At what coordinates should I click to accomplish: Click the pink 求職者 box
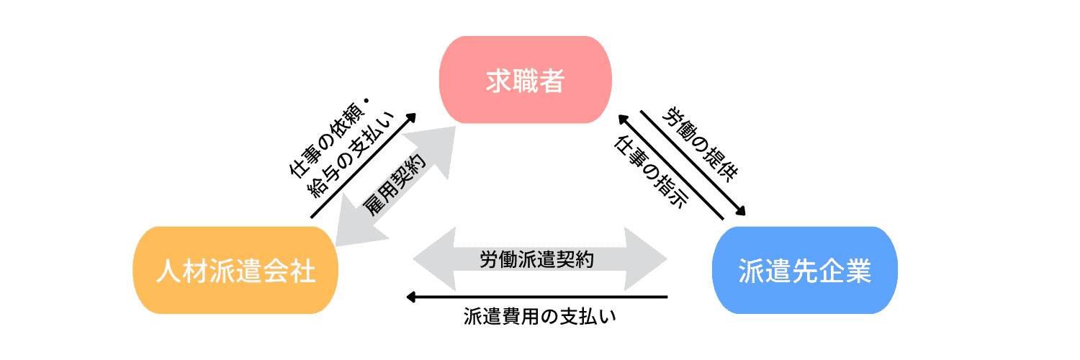click(x=526, y=80)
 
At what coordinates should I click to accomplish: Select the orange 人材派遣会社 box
click(x=235, y=270)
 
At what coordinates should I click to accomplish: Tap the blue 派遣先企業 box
click(x=804, y=270)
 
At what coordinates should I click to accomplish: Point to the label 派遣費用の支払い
click(x=540, y=317)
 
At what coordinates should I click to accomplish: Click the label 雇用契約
click(x=395, y=186)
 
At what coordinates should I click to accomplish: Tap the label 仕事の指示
click(x=649, y=171)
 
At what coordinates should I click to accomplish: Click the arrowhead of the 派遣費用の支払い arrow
click(x=411, y=297)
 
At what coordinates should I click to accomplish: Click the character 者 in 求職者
click(x=551, y=81)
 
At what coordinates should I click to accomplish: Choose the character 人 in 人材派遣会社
click(x=167, y=271)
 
